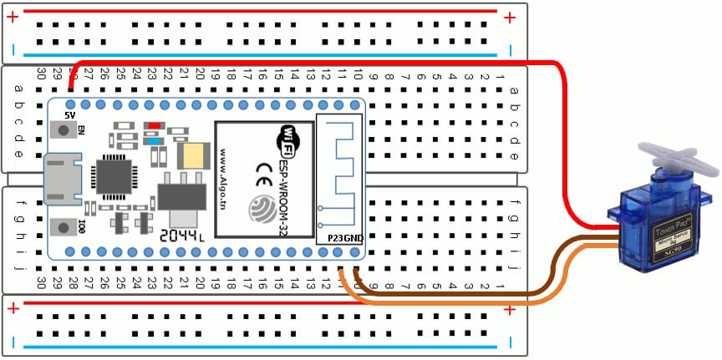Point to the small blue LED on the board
pyautogui.click(x=154, y=140)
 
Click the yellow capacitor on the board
pyautogui.click(x=193, y=155)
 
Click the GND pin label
pyautogui.click(x=354, y=237)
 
